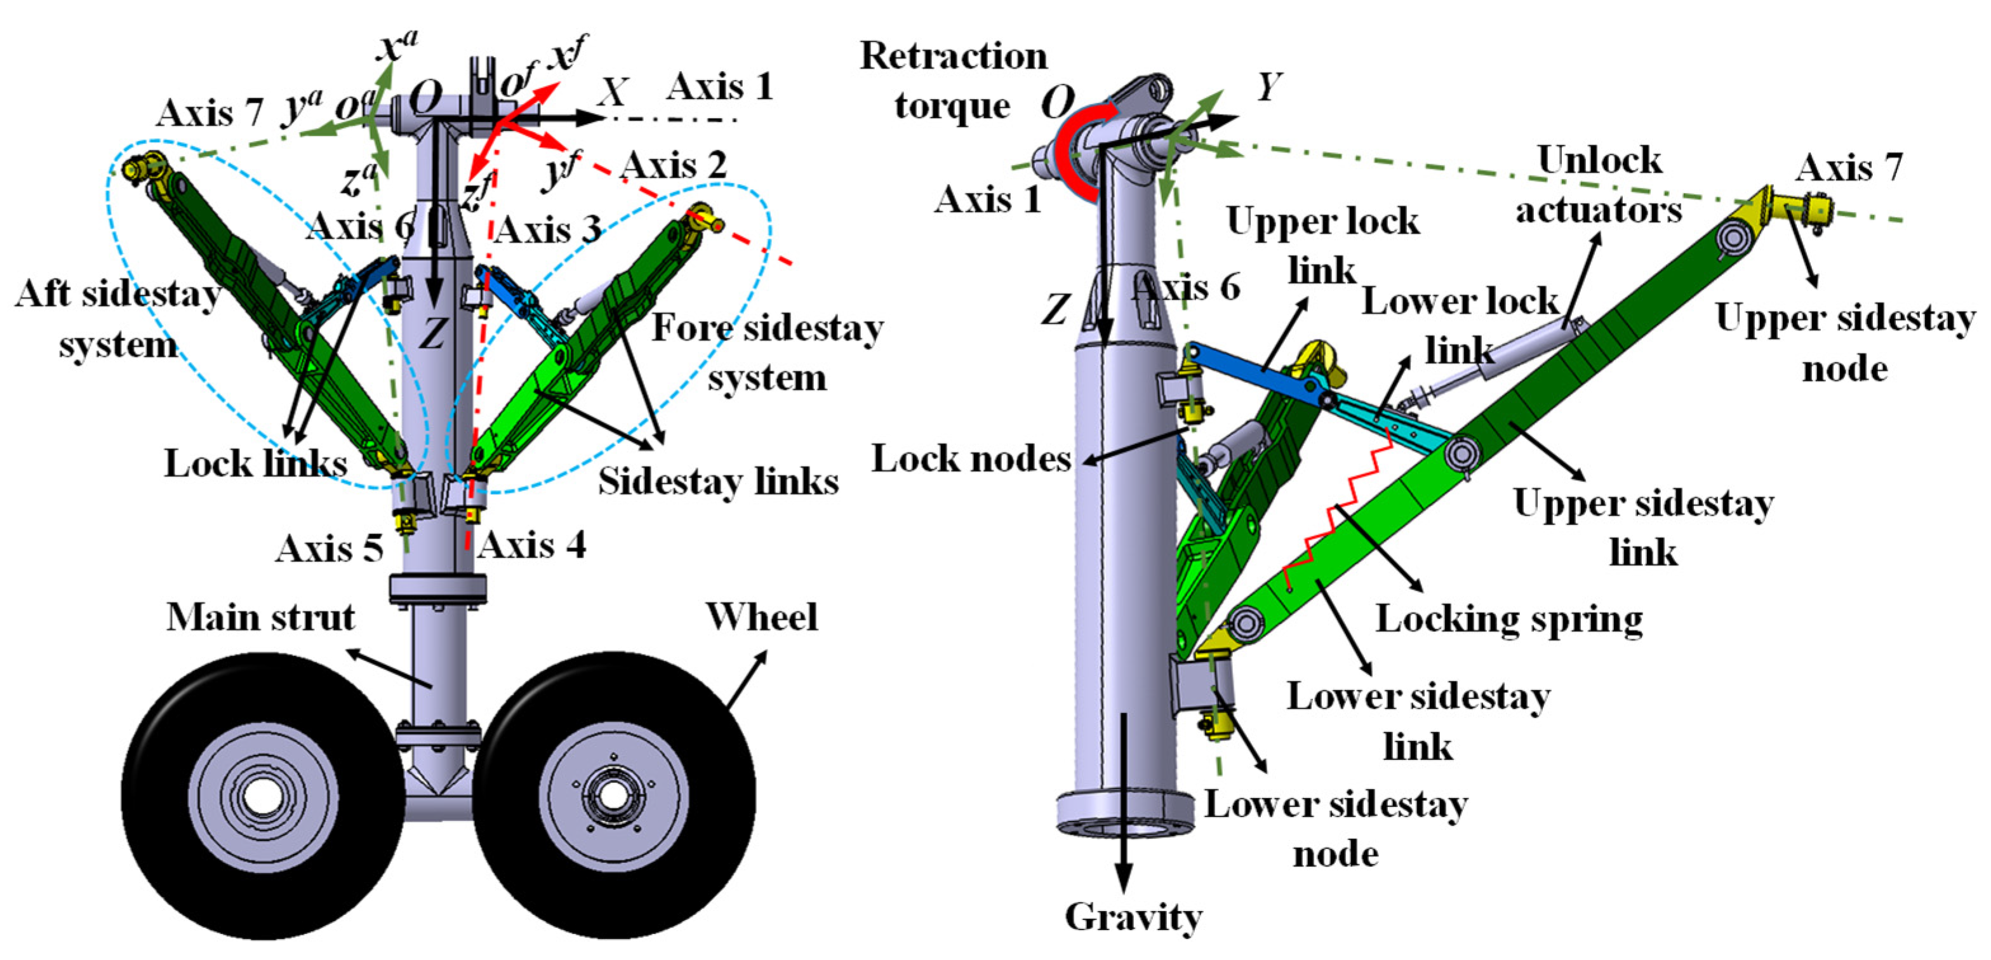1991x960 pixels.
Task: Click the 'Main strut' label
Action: point(260,618)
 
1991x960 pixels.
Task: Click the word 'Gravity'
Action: point(1133,917)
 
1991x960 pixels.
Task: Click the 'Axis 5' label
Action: point(330,549)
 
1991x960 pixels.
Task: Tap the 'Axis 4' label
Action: point(532,545)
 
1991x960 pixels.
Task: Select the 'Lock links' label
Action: point(255,463)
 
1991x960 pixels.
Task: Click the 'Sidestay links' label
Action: point(718,481)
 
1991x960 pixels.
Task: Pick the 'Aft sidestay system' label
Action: point(118,319)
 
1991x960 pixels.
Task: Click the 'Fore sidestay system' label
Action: point(768,352)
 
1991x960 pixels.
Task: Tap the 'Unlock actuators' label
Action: point(1599,185)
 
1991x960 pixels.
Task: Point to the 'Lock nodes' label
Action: point(971,459)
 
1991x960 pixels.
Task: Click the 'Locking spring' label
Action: point(1508,619)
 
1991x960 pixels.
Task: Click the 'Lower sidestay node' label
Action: point(1336,829)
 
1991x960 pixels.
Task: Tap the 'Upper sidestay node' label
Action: point(1845,342)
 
